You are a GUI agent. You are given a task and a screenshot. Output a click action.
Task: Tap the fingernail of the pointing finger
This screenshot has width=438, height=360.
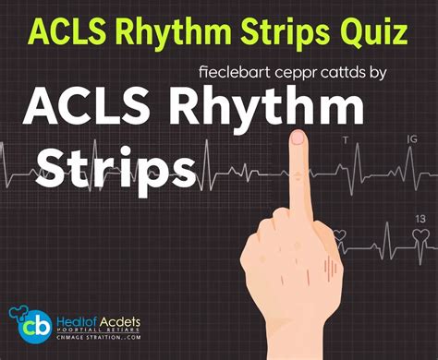298,138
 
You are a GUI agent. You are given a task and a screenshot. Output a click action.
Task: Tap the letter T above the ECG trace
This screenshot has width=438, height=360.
346,139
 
